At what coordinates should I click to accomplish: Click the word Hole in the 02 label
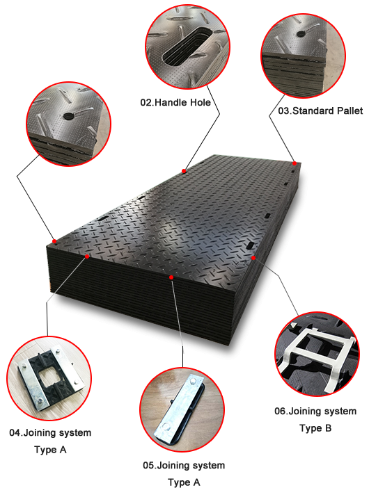200,102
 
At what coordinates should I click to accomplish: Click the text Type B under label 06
315,428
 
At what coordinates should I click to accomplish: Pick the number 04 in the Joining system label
15,432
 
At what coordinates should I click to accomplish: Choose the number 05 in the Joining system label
148,465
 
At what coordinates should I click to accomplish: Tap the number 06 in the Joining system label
281,411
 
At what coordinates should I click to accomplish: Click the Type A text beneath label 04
50,450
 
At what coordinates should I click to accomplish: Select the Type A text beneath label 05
184,482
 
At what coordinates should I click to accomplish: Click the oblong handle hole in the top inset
187,46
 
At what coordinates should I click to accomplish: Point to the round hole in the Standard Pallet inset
301,33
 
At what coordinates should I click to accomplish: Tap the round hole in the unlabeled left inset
68,115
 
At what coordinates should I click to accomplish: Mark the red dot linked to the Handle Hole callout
184,171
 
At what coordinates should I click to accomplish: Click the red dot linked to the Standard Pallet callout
295,163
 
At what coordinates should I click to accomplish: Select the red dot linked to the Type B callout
253,258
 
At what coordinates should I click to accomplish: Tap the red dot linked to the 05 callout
171,277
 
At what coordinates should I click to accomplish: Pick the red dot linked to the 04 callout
87,256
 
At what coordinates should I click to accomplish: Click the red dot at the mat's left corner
54,241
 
